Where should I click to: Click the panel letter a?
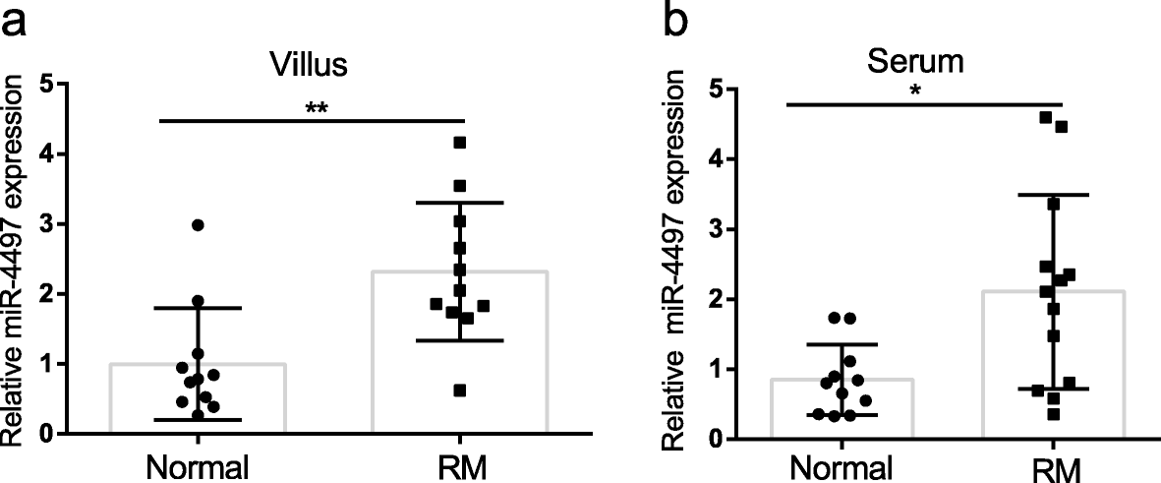[x=17, y=22]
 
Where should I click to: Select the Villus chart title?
[x=310, y=65]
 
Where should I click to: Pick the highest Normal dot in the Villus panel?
[x=198, y=225]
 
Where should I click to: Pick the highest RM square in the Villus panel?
[x=459, y=143]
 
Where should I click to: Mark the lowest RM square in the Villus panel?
[x=460, y=391]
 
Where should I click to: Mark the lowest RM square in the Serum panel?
[x=1053, y=414]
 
